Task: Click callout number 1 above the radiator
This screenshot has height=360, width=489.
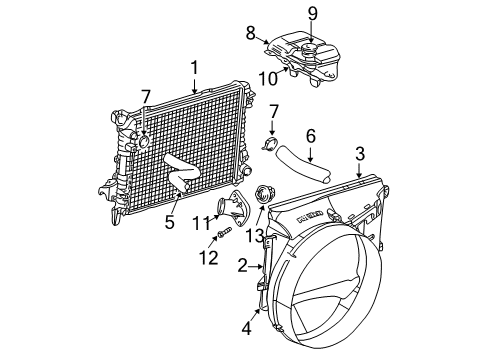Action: pos(196,67)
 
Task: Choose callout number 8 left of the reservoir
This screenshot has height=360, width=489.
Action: pos(252,34)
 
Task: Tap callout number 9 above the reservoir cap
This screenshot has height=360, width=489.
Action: pos(311,13)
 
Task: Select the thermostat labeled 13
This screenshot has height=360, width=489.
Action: pos(265,195)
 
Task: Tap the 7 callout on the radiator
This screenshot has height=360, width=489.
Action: pos(146,96)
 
